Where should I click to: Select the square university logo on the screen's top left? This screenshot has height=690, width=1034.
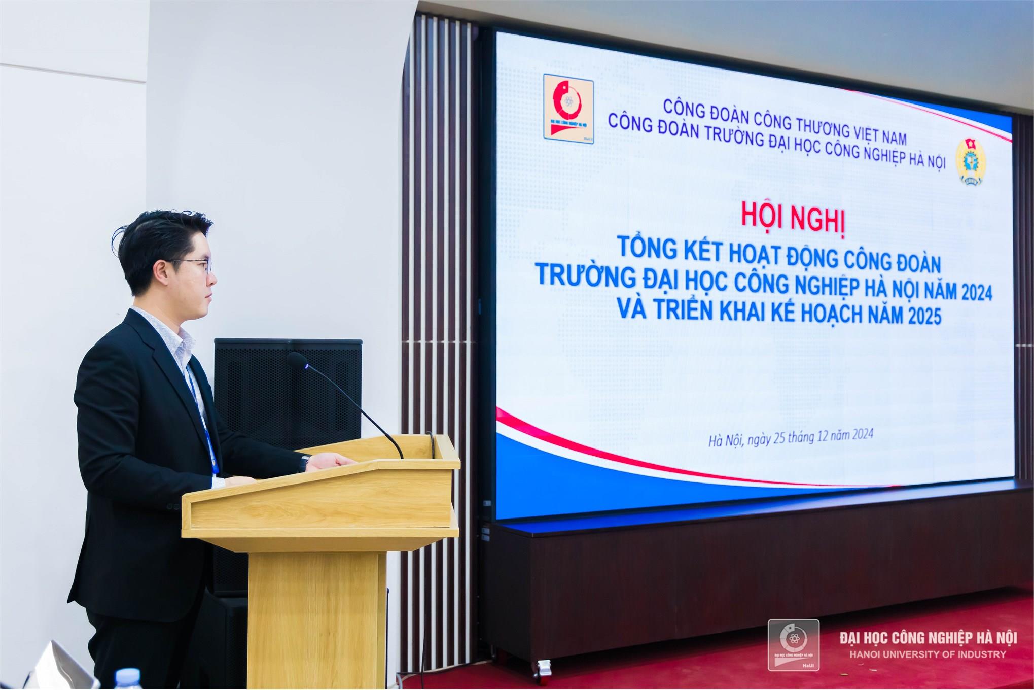click(568, 109)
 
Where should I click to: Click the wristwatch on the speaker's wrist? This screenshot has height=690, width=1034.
click(305, 464)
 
